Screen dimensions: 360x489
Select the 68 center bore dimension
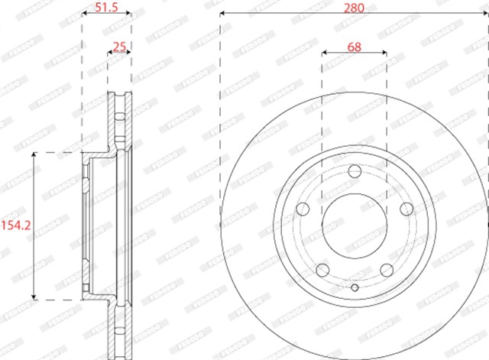tap(354, 47)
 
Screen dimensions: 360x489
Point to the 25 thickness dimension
tap(118, 47)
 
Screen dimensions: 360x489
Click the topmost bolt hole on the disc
tap(354, 172)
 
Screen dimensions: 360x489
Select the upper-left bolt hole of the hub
tap(303, 209)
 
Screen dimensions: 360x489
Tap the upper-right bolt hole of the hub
tap(404, 209)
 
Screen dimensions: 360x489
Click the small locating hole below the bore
tap(354, 288)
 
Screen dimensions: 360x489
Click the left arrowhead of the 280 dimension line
tap(222, 14)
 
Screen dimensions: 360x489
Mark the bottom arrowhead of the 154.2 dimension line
tap(33, 295)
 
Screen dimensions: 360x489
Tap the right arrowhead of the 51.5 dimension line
tap(128, 14)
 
